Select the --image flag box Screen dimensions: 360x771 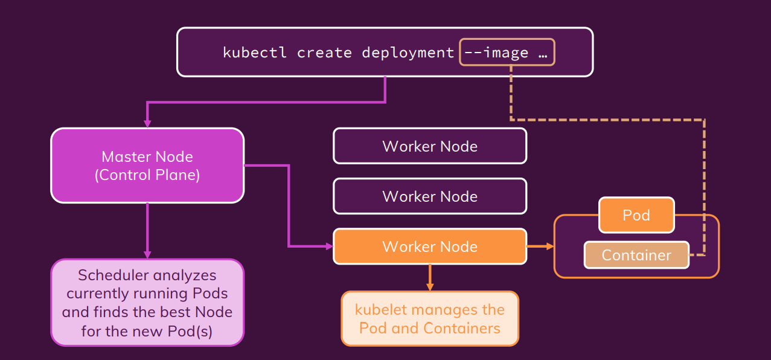(507, 53)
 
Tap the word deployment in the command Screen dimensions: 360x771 (408, 53)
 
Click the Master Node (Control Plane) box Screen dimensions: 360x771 (147, 166)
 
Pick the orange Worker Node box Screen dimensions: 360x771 (430, 246)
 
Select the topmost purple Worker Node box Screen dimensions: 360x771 (430, 146)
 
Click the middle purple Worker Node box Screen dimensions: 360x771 (430, 196)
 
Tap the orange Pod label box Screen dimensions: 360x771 (636, 216)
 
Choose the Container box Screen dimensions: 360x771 (636, 255)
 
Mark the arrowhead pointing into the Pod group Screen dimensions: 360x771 (549, 246)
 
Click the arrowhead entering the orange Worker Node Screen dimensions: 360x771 (329, 246)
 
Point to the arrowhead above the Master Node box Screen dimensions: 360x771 (147, 123)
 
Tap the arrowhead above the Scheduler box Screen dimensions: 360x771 (147, 254)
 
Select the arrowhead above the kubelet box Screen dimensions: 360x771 (430, 287)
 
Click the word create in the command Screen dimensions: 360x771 (324, 53)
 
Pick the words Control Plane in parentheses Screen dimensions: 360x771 (147, 175)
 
